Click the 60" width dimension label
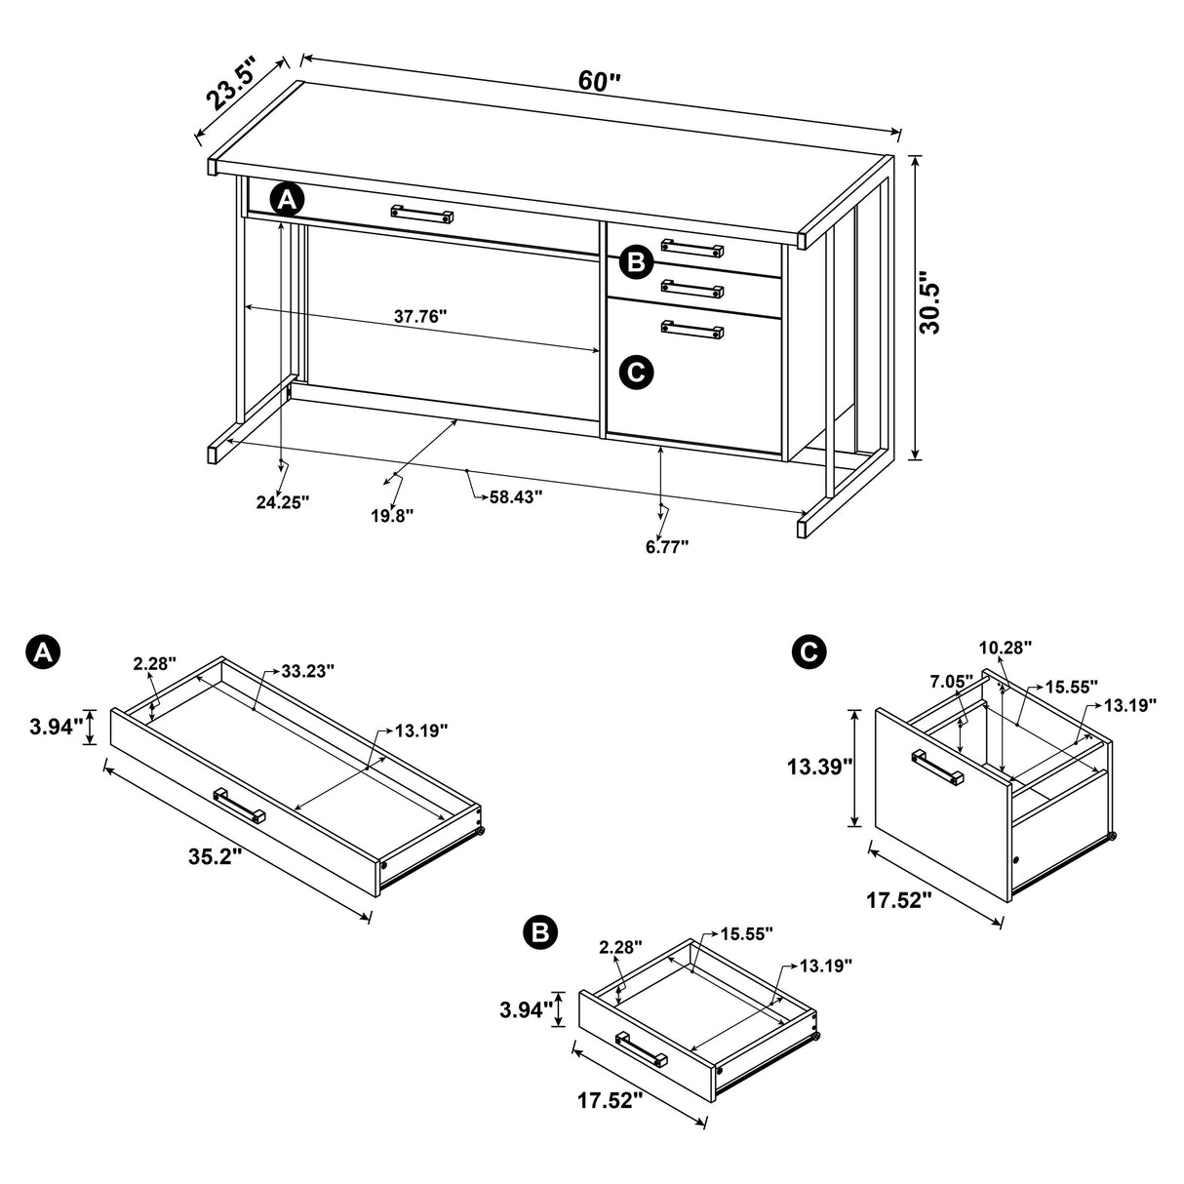(599, 81)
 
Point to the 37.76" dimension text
(420, 316)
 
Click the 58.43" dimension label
(515, 496)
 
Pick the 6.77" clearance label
(666, 546)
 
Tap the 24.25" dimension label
(283, 502)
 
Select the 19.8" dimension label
(392, 515)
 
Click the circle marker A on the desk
(286, 200)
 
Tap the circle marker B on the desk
(635, 261)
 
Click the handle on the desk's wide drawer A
(422, 213)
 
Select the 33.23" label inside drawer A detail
(307, 671)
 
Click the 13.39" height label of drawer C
(820, 767)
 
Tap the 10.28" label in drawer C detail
(1006, 647)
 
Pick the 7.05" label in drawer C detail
(952, 680)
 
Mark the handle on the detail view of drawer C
(937, 767)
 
